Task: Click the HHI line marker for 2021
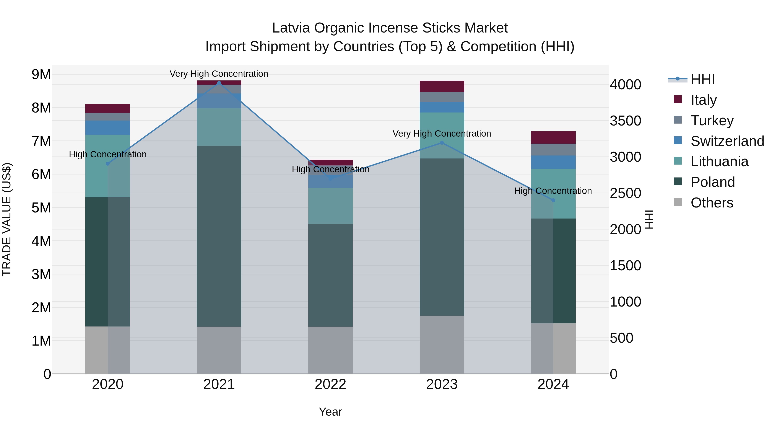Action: tap(219, 83)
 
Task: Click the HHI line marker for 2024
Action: tap(553, 200)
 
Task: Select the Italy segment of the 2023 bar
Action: tap(442, 86)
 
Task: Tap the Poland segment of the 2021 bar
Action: tap(219, 236)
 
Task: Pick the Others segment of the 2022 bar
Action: tap(330, 350)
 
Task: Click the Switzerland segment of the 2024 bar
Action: tap(553, 162)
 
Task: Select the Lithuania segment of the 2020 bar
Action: tap(107, 166)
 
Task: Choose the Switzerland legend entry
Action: tap(727, 141)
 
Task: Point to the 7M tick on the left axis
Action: tap(41, 141)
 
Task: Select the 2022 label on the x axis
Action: tap(330, 384)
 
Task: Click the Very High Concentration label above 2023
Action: tap(442, 134)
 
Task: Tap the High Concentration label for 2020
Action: tap(107, 155)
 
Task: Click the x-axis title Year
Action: tap(330, 412)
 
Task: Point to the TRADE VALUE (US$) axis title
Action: tap(7, 219)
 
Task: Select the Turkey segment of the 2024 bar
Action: tap(553, 150)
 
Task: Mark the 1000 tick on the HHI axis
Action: tap(625, 302)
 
